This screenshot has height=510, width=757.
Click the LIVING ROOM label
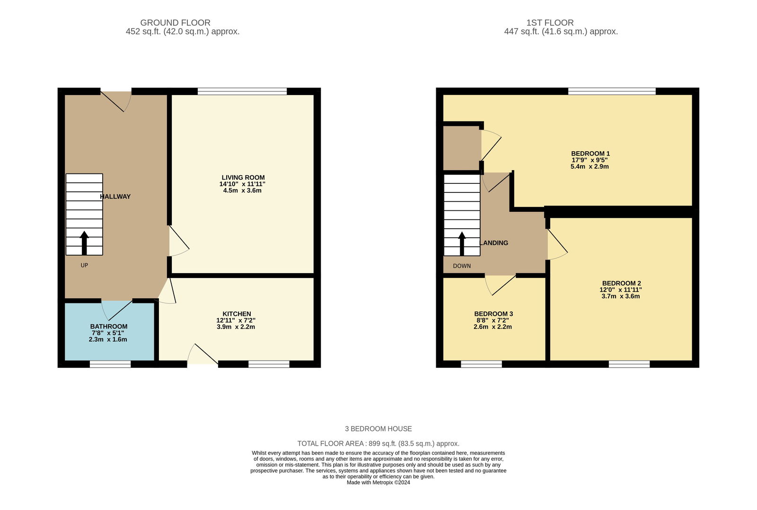click(243, 178)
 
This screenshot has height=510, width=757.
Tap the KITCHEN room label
click(237, 314)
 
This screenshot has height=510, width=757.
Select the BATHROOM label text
click(109, 327)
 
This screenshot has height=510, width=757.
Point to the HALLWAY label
click(115, 197)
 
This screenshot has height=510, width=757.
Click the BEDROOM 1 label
click(590, 154)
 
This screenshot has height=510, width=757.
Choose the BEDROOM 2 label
click(621, 284)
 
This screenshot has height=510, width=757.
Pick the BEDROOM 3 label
click(493, 314)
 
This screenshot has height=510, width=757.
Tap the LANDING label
click(494, 243)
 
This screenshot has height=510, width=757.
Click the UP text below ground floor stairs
click(84, 265)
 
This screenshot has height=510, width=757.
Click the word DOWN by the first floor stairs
click(462, 266)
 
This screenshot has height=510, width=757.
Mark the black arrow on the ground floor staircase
click(84, 242)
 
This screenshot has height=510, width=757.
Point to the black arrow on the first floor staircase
click(462, 243)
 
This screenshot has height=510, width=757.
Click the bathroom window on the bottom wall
click(110, 364)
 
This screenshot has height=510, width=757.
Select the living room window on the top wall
click(242, 91)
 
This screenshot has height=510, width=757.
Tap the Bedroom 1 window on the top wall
click(611, 91)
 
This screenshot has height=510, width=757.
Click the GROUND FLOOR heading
click(175, 23)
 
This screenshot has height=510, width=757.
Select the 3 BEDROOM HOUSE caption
click(378, 429)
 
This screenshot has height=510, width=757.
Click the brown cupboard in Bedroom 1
click(461, 147)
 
